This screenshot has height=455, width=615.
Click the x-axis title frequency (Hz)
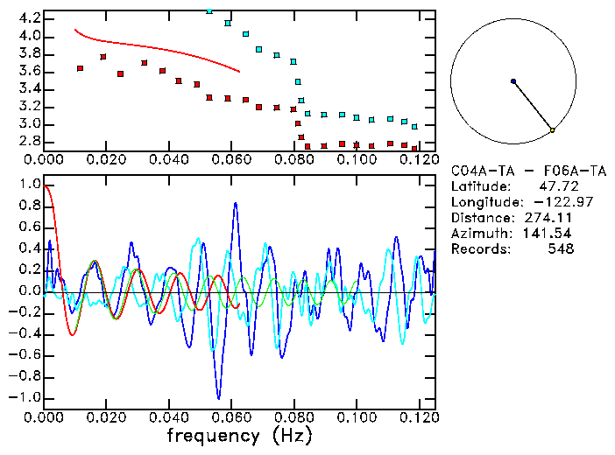[240, 435]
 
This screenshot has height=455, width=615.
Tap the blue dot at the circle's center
[513, 81]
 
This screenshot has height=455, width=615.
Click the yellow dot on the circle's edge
[552, 130]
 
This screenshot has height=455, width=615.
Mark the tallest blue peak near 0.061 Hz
[235, 203]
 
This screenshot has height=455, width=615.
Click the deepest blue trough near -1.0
[219, 398]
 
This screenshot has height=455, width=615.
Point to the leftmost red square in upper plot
[81, 67]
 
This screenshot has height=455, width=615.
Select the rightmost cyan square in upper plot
[414, 127]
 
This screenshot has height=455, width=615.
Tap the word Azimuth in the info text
[478, 234]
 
